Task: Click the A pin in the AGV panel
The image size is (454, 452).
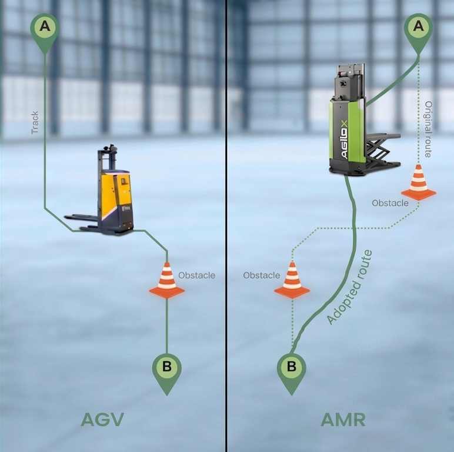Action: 45,31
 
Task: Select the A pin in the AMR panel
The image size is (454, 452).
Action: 418,31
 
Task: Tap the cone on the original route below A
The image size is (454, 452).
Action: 418,182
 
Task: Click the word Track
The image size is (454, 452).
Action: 35,122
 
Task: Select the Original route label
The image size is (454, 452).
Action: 428,129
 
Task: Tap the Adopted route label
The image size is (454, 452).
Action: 349,287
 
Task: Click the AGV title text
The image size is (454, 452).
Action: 102,420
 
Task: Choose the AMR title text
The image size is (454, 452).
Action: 343,420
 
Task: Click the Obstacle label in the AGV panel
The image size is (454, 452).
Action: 196,275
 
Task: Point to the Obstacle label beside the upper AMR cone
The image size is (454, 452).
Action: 390,203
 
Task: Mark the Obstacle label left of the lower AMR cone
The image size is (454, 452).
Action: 262,275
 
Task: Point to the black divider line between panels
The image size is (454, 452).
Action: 226,226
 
